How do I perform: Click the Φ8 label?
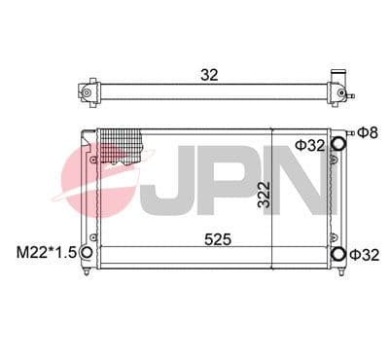369,132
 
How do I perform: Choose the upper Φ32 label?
309,146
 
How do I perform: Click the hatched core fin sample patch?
122,148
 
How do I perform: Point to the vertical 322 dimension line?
271,195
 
